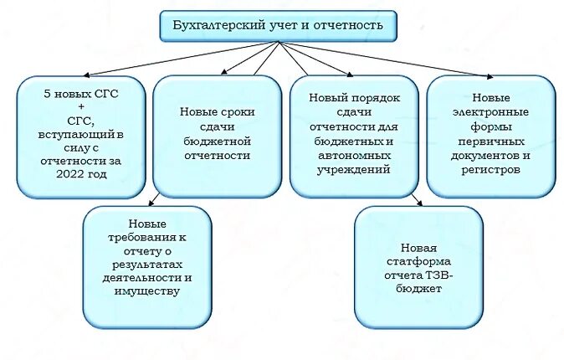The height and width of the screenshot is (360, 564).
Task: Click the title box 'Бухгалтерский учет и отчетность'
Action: point(278,26)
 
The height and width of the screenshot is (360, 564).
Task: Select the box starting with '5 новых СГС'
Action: point(81,136)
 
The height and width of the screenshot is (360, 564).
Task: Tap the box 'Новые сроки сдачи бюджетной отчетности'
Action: point(217,135)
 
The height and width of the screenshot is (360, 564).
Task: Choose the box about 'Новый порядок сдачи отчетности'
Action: point(355,135)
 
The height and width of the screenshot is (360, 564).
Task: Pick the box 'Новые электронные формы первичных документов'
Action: point(490,135)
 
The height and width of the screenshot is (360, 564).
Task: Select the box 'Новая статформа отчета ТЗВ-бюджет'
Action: point(419,267)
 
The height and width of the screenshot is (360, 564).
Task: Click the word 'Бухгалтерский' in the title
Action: point(213,26)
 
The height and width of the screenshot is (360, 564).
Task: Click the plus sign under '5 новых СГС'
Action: point(81,107)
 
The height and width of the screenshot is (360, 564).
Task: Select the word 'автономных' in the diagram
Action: point(355,156)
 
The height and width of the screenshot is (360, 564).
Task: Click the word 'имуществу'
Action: point(147,291)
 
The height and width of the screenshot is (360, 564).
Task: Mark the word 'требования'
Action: point(147,238)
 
